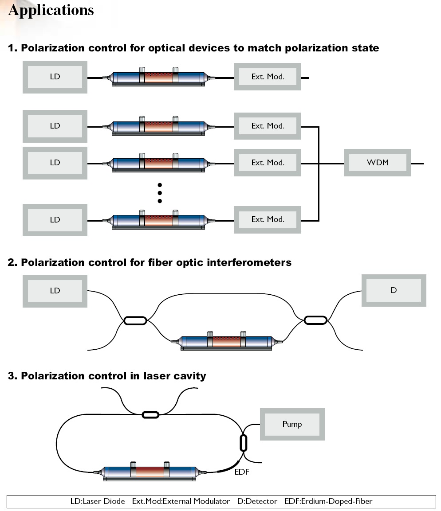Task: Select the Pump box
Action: (x=292, y=424)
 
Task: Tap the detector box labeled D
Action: (x=394, y=290)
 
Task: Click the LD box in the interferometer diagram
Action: (x=55, y=291)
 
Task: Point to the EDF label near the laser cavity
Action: (x=242, y=472)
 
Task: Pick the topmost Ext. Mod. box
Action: (x=268, y=77)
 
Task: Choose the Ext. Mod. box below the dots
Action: (x=268, y=220)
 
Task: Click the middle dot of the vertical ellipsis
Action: (x=160, y=193)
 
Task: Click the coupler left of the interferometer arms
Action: (x=135, y=320)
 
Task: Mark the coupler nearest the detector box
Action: (x=315, y=320)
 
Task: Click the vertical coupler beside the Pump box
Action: (x=243, y=443)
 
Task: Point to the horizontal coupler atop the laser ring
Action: (x=150, y=415)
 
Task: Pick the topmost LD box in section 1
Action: (x=55, y=77)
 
